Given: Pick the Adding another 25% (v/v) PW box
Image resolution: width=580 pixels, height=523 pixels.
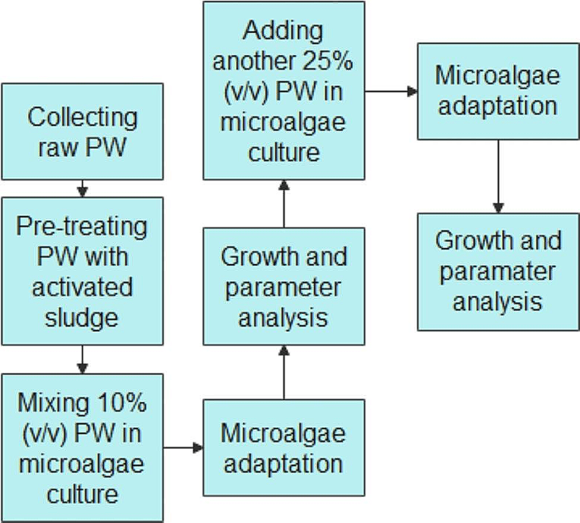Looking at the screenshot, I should pyautogui.click(x=284, y=91).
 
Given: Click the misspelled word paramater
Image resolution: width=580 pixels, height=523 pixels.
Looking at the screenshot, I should pyautogui.click(x=498, y=272).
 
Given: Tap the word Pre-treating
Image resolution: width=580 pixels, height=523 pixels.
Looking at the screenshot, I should pyautogui.click(x=83, y=228).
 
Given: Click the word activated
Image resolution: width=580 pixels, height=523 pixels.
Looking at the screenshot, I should pyautogui.click(x=82, y=288).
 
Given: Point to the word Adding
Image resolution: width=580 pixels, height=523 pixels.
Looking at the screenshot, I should pyautogui.click(x=283, y=32).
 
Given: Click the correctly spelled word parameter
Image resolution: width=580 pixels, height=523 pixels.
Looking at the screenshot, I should pyautogui.click(x=283, y=287).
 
